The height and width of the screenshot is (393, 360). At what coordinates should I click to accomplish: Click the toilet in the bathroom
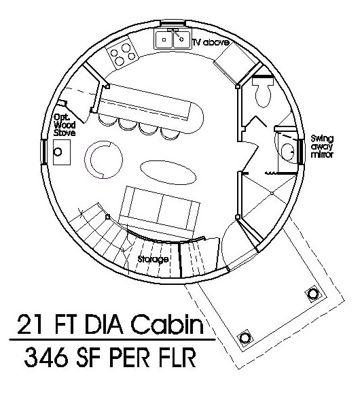point(262,92)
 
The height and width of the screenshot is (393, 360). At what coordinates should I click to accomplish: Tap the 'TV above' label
point(211,42)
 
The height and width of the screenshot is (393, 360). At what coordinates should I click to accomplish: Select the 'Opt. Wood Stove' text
point(65,125)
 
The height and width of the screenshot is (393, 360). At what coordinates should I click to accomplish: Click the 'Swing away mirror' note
point(322,146)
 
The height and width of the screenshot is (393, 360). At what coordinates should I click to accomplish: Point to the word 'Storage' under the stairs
point(153,259)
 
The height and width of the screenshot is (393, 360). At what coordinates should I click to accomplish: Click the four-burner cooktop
point(122,53)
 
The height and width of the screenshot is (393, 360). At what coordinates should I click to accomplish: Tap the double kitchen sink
point(173,39)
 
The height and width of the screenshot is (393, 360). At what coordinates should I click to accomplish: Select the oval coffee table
point(168,173)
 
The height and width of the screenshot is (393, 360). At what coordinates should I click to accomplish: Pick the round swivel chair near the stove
point(103,159)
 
